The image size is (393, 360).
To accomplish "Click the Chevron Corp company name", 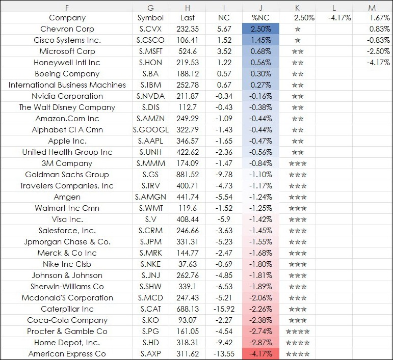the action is click(x=67, y=29).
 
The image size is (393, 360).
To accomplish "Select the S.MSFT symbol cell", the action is click(x=151, y=51).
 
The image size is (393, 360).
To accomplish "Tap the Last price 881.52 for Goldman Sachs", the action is click(x=188, y=175).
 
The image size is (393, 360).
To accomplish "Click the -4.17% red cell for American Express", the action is click(x=260, y=354).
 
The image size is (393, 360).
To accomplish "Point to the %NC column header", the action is click(x=260, y=18).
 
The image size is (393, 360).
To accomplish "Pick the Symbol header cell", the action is click(x=151, y=18).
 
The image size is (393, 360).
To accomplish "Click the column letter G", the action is click(x=151, y=8).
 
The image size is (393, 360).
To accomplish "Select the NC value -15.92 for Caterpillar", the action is click(x=224, y=309).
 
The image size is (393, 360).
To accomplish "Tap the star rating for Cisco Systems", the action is click(x=298, y=40).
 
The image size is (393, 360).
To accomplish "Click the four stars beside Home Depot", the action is click(x=298, y=343).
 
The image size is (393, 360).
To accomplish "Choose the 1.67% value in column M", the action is click(x=380, y=18).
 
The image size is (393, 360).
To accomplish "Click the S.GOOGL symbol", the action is click(x=151, y=130).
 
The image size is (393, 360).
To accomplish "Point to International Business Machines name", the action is click(x=67, y=85).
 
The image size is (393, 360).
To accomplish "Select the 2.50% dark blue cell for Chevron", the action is click(x=260, y=29).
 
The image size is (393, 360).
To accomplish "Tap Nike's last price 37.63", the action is click(x=188, y=264).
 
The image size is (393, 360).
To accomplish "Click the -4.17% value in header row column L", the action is click(x=339, y=18).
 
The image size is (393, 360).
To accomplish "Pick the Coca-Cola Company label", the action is click(x=67, y=320).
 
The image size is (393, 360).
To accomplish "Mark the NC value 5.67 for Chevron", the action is click(x=224, y=29).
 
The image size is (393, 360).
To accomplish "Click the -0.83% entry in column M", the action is click(x=378, y=40).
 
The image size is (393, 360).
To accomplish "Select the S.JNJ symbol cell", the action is click(x=151, y=275).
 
